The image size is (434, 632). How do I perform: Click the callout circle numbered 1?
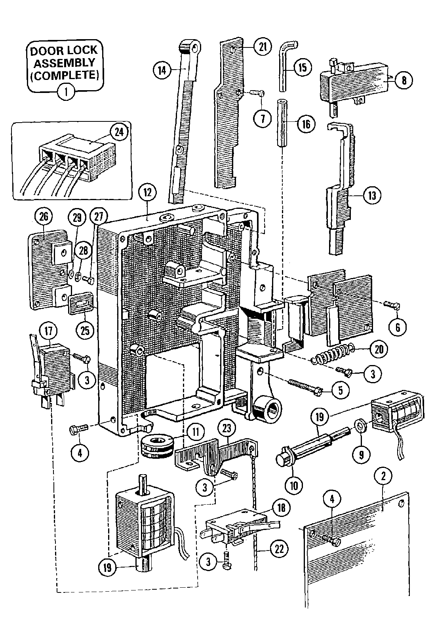66,93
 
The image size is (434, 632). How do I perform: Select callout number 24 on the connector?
118,132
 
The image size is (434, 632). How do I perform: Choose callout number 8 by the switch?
403,81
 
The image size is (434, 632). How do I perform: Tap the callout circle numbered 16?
305,124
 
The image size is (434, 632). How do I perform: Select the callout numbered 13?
372,195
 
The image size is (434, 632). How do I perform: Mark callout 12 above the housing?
147,193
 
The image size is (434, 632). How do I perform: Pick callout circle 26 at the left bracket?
44,217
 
